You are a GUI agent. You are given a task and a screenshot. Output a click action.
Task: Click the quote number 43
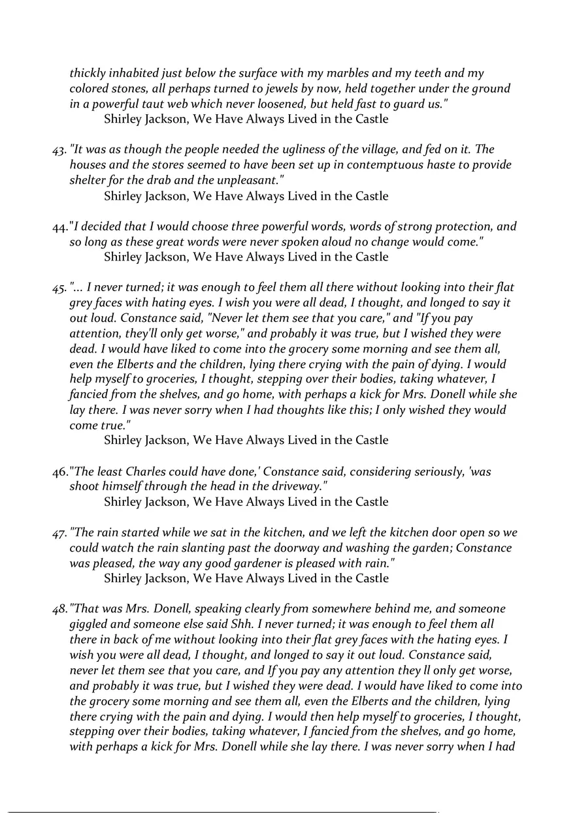coord(59,151)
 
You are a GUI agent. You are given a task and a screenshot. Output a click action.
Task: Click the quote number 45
coord(59,288)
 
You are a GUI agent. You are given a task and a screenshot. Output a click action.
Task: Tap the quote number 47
coord(59,533)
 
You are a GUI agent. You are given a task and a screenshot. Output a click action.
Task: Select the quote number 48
coord(59,609)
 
